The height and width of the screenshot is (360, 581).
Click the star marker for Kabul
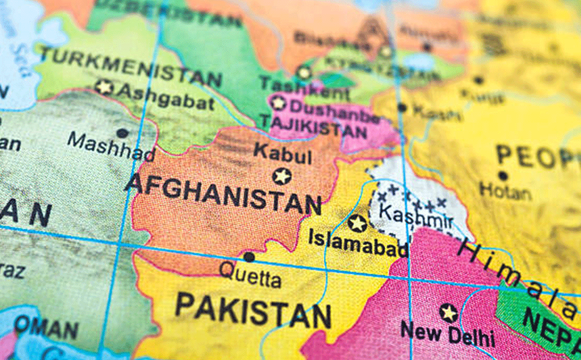point(282,176)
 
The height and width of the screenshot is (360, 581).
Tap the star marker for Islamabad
point(357,223)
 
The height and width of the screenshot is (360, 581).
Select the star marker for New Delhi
point(448,313)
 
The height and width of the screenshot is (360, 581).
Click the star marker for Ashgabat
point(104,87)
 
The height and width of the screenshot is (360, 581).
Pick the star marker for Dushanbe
point(278,103)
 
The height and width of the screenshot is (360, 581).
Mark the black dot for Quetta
point(248,257)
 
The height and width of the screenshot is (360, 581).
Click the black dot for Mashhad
point(122,133)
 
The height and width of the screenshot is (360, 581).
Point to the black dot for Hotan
point(502,176)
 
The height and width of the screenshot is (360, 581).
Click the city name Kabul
point(282,154)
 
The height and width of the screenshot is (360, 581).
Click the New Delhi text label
point(448,334)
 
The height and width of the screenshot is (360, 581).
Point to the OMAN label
point(46,328)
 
